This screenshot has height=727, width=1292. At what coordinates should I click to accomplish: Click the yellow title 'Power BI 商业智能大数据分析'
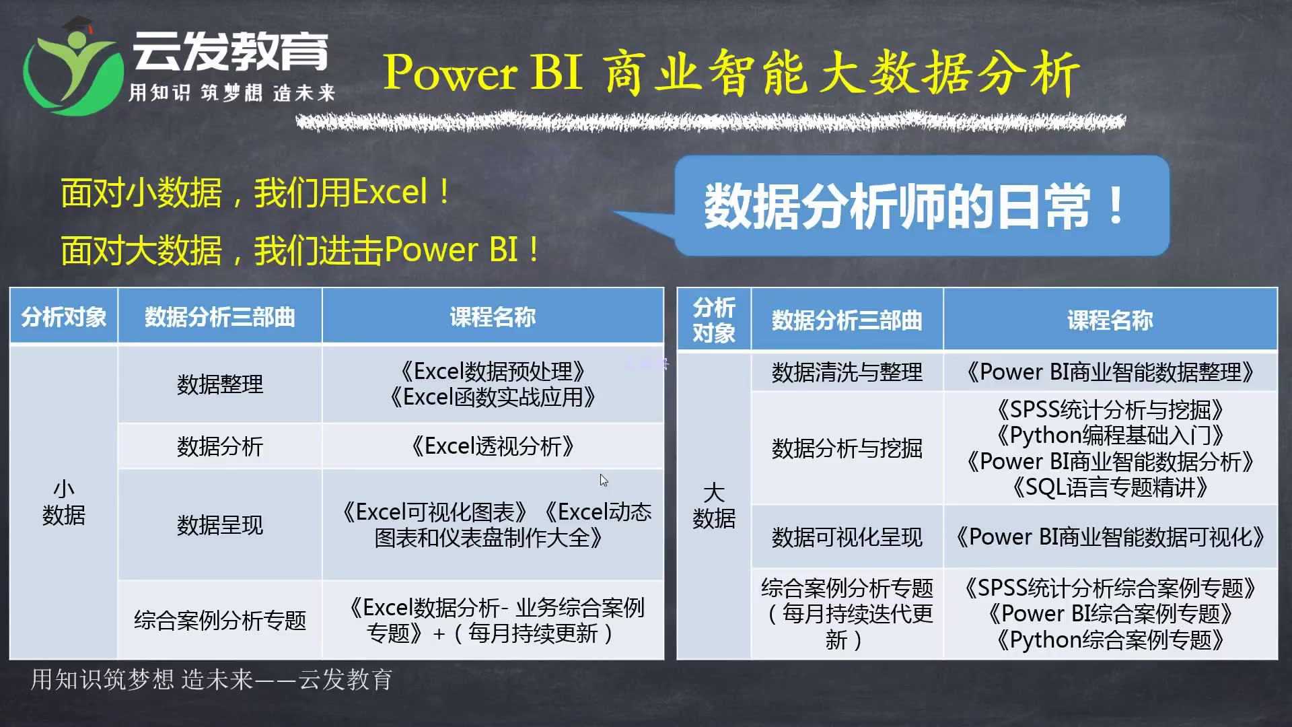point(730,73)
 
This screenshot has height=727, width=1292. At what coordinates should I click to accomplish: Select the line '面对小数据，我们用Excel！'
point(256,193)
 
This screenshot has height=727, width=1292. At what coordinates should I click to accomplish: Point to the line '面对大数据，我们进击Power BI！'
point(300,250)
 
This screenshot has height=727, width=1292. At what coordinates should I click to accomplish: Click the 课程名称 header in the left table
point(493,316)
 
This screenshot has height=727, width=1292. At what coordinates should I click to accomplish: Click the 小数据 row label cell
point(64,502)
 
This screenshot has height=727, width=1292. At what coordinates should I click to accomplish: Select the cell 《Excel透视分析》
point(493,446)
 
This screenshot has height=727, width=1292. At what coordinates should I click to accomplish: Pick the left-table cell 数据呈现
point(220,525)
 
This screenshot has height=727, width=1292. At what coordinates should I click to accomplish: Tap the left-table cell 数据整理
point(220,384)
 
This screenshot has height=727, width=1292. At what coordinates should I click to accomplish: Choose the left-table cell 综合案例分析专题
point(220,620)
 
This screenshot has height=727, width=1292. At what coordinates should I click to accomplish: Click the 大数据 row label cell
point(714,505)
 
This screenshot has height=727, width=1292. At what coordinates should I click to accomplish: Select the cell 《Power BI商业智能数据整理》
point(1110,372)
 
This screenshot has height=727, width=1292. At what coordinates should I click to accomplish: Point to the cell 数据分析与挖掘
point(847,448)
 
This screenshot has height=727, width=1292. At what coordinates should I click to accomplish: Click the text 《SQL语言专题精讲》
point(1110,487)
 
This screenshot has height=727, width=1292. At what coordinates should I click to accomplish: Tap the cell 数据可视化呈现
point(847,537)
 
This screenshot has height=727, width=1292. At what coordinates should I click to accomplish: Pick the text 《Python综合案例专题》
point(1110,639)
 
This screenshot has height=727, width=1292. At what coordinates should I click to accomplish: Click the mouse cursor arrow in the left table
point(604,480)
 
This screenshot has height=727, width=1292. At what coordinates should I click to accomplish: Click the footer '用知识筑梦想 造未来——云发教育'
point(211,680)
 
